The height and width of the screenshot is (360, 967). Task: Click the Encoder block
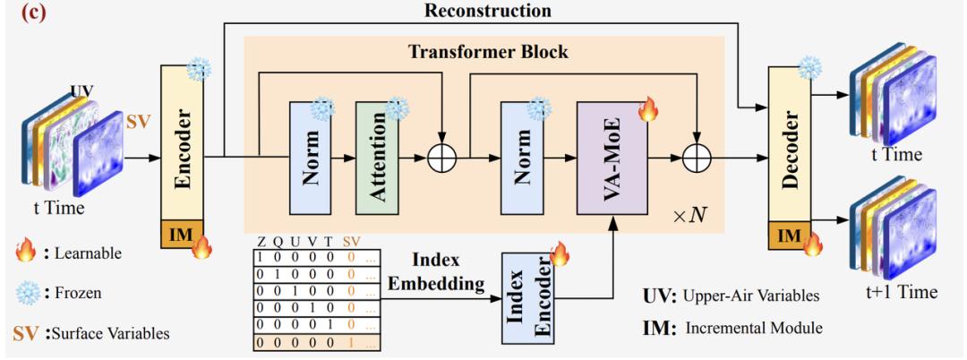coord(182,143)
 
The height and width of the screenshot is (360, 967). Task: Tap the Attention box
coord(377,158)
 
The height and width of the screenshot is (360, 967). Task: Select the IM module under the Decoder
coord(788,236)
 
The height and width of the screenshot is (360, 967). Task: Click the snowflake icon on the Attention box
coord(395,109)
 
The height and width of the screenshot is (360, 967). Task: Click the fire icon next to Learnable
coord(24,253)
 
